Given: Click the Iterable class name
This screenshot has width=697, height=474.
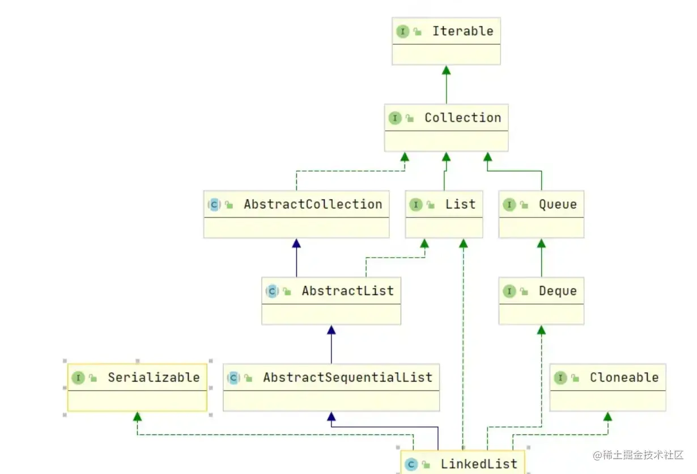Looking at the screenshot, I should (462, 31).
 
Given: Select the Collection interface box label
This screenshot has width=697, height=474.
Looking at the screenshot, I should (462, 118).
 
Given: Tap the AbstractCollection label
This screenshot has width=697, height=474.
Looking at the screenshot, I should (313, 204).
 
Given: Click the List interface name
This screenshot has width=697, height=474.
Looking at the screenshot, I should (460, 204).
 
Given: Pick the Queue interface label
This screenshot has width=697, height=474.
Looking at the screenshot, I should (558, 204).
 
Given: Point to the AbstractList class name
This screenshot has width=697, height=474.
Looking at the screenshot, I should (347, 291).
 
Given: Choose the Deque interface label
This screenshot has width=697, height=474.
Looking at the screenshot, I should (558, 291).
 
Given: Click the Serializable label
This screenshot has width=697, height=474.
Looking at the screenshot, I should (154, 378).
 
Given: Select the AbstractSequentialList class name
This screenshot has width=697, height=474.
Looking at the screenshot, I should (347, 378).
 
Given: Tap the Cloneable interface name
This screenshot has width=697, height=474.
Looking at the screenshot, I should (624, 378).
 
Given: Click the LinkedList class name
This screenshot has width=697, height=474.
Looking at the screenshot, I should (479, 464).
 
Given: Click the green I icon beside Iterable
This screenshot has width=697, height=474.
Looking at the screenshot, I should (402, 32).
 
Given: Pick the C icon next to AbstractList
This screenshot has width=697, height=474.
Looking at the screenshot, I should (272, 292).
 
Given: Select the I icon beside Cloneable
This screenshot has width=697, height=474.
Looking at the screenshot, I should (560, 378).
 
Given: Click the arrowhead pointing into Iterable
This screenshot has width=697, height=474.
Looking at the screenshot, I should (446, 70).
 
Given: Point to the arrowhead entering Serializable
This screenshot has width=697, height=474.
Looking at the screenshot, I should (137, 417).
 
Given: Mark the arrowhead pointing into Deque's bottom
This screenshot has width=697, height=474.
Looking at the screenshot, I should (541, 330).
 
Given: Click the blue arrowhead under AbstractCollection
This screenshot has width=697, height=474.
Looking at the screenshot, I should (296, 243).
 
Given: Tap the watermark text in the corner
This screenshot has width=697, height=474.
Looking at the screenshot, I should (638, 455).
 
